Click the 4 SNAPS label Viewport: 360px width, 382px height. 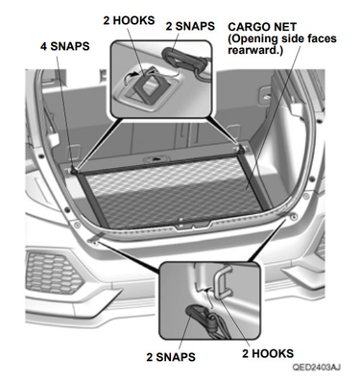click(64, 46)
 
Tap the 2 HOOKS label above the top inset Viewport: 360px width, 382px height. click(129, 20)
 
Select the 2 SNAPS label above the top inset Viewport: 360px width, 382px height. click(190, 26)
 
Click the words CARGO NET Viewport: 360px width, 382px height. click(262, 27)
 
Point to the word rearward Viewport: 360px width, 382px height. click(255, 51)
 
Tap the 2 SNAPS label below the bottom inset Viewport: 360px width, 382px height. click(171, 357)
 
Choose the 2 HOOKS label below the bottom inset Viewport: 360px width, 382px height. click(268, 353)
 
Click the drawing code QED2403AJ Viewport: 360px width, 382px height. click(316, 367)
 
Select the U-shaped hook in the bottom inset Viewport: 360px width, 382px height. click(220, 281)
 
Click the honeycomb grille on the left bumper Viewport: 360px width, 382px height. click(54, 272)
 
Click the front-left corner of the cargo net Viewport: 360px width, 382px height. click(75, 172)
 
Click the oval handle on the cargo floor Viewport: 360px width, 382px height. click(156, 158)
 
